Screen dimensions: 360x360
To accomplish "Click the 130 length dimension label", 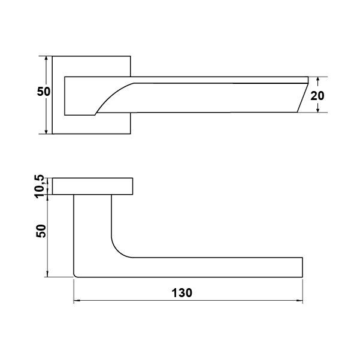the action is pos(182,293).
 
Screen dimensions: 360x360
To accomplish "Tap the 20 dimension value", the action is pos(317,96).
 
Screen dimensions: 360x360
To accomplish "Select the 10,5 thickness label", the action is pos(39,186).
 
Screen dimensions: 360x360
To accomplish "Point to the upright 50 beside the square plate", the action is pos(43,92).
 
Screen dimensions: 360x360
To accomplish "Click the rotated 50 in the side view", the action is pos(41,231).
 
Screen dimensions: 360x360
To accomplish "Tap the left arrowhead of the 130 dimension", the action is pos(77,300).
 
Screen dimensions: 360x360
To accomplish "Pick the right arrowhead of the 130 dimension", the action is pos(300,300).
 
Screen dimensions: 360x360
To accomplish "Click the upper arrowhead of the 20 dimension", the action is pos(317,80).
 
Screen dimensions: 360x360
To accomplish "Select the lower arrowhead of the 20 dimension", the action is pos(317,109).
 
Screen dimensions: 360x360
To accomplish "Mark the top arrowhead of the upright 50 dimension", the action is pos(46,59).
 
